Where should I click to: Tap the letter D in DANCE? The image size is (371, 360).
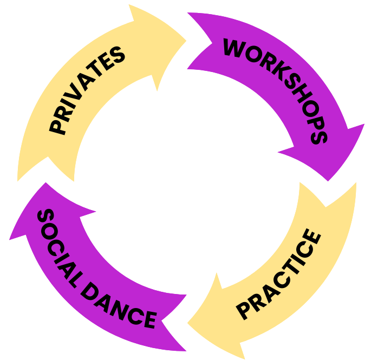click(x=92, y=287)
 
